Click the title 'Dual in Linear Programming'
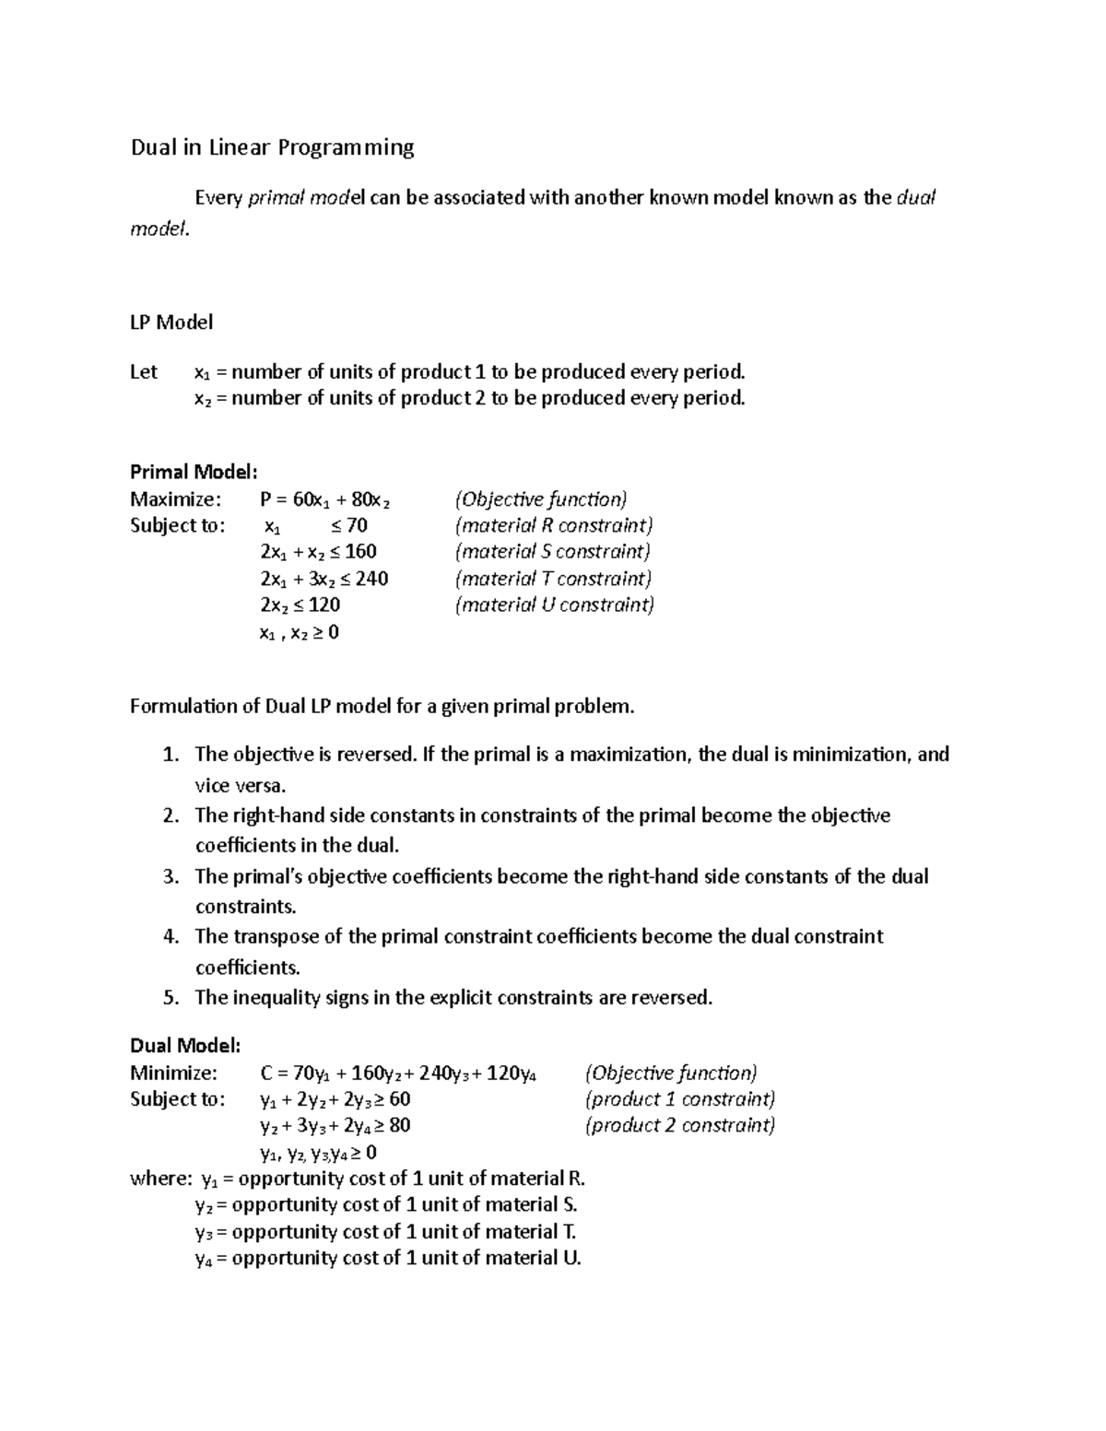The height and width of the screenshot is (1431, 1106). point(272,147)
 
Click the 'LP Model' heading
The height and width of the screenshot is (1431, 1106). point(171,323)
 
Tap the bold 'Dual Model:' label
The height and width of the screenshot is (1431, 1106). point(185,1046)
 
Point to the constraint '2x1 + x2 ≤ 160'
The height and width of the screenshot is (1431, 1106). point(318,552)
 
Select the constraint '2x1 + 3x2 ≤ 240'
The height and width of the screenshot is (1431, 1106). point(324,579)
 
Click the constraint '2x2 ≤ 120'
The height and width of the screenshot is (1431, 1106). point(300,605)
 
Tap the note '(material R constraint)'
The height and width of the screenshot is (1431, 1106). point(553,525)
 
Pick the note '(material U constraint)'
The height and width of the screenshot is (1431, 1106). point(554,605)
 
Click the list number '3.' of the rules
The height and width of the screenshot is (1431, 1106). point(171,876)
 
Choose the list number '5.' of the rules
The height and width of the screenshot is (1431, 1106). point(171,998)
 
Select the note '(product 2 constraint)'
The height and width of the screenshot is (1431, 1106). point(680,1125)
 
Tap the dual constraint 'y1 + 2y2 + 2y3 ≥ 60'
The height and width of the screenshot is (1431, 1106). point(335,1099)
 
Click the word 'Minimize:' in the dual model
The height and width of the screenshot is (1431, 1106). point(174,1073)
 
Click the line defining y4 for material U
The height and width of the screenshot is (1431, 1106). point(388,1258)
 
